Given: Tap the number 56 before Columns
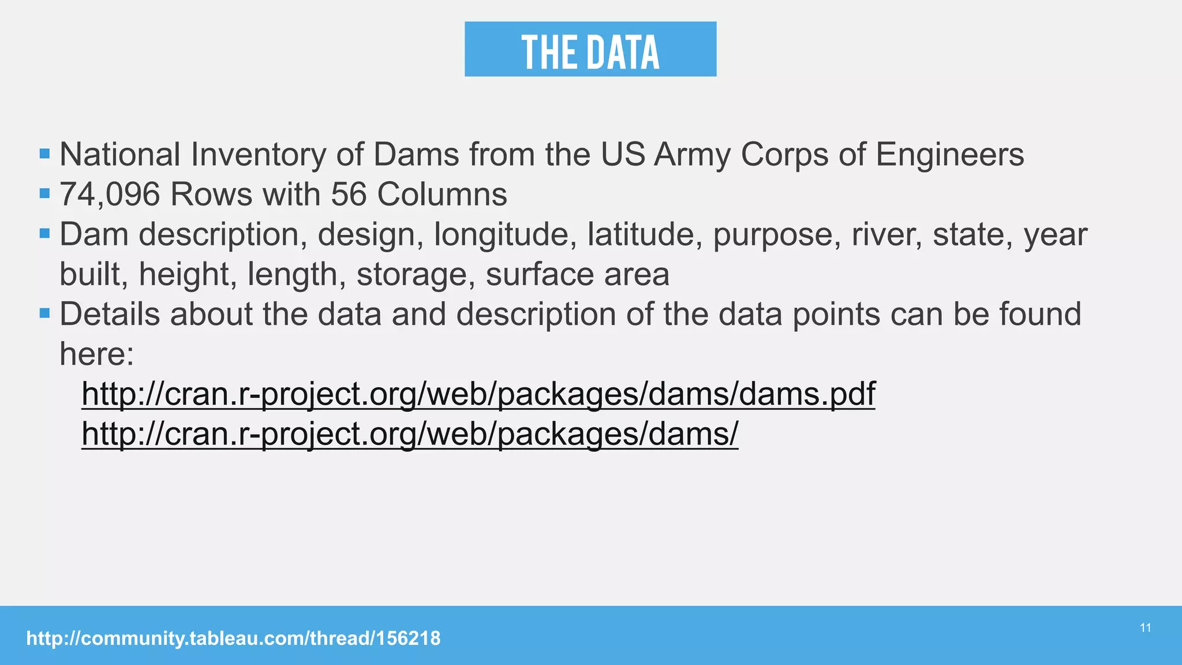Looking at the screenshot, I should [349, 195].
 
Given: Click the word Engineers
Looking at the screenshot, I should [949, 155].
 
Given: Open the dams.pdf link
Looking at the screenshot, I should [478, 394].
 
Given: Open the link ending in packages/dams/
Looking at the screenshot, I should [410, 434].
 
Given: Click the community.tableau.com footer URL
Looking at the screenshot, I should [233, 638].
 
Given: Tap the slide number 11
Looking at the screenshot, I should [1146, 628].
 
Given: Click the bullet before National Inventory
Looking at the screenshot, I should [45, 154].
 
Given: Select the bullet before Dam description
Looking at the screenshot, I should [45, 234].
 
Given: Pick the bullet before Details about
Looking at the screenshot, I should [45, 313].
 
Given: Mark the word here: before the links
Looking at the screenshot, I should [96, 354].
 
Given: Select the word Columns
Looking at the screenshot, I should [442, 195].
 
